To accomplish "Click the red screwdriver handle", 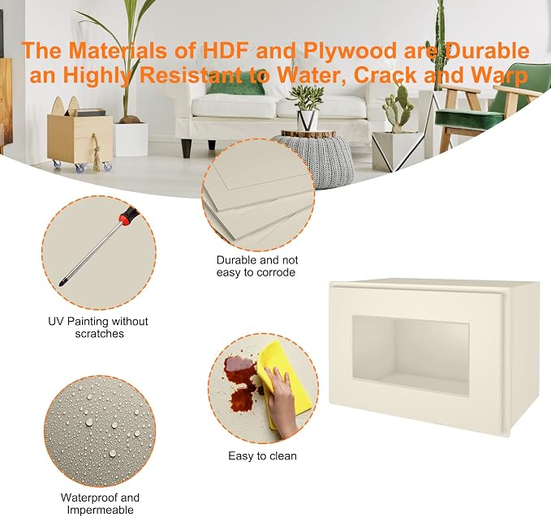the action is point(128,216).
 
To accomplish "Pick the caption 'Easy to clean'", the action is point(262,456).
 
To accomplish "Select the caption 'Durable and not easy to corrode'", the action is point(257,266).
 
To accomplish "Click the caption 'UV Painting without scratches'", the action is point(98,327).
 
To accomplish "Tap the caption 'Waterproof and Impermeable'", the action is point(100,504).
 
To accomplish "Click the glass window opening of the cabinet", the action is point(411,354).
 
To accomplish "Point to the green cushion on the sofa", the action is point(235,88).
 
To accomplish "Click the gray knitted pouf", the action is point(318,160).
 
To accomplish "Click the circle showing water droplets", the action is point(100,431).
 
